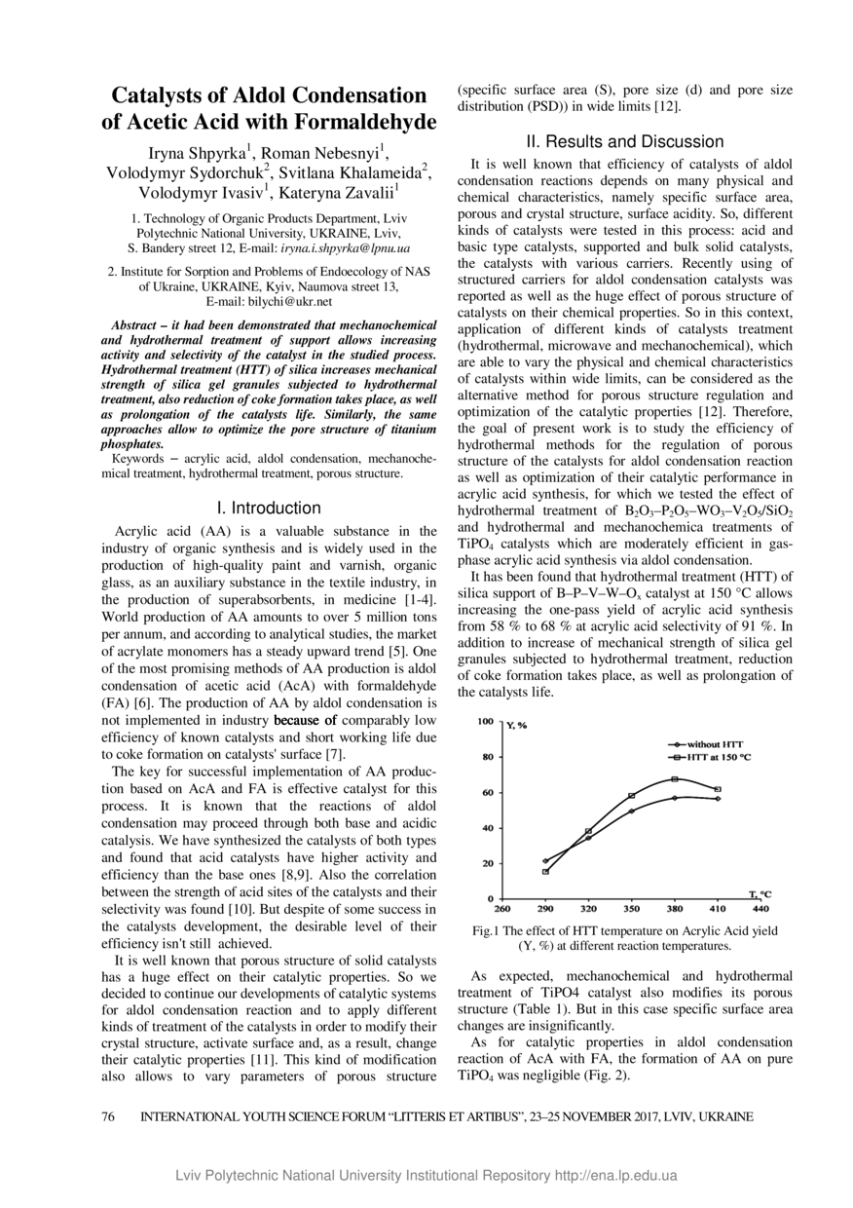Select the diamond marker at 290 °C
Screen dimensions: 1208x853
tap(545, 860)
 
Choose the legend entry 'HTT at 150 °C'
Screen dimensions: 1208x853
tap(719, 756)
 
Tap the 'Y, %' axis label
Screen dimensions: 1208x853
tap(516, 725)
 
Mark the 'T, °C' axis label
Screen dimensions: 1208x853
tap(760, 892)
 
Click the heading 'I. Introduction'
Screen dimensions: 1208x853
tap(269, 508)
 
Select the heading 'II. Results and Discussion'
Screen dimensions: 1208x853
tap(624, 141)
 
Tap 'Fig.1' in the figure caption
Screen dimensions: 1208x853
tap(486, 930)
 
